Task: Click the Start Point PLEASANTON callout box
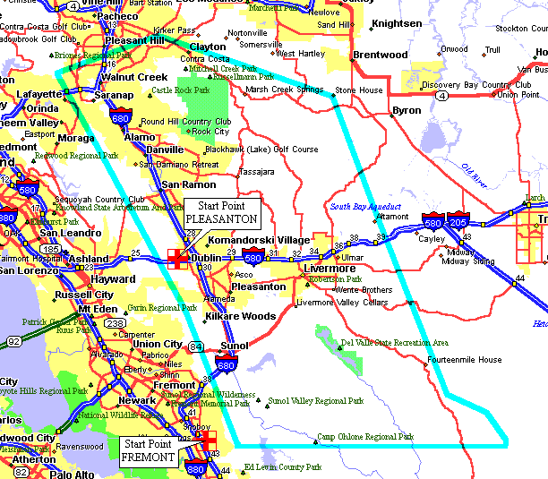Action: coord(221,212)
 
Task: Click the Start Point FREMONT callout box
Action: coord(150,450)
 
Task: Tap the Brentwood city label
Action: coord(381,56)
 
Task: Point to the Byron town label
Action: coord(406,111)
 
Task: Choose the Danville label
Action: coord(166,150)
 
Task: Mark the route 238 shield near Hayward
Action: coord(116,324)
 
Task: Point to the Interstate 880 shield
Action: coord(196,467)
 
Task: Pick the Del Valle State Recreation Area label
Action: coord(395,343)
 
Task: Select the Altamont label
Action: coord(393,217)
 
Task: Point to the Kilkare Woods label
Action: coord(240,316)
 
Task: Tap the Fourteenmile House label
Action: coord(464,360)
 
